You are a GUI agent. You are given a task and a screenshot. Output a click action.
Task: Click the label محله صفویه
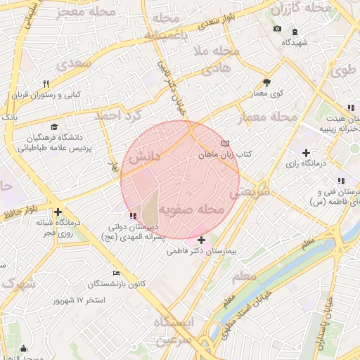click(191, 210)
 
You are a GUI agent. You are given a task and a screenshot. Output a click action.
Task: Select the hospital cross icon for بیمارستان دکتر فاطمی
click(201, 240)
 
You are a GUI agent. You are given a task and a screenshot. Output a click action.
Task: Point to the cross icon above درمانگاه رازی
click(306, 153)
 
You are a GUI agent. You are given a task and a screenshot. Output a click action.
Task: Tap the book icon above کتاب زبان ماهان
click(225, 143)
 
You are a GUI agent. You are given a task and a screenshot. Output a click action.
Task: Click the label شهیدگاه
click(295, 42)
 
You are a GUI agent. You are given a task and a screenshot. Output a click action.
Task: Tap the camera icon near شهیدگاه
click(277, 29)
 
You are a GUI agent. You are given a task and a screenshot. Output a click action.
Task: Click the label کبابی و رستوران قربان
click(49, 94)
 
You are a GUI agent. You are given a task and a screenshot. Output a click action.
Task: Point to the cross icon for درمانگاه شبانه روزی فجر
click(58, 212)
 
